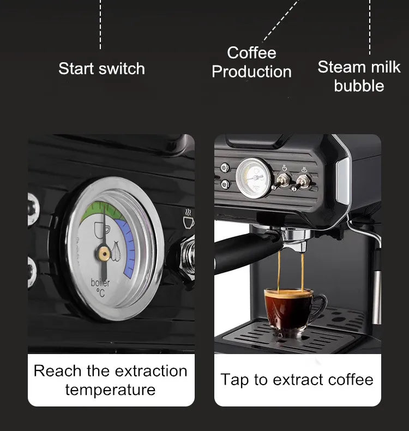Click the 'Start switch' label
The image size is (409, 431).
tap(101, 69)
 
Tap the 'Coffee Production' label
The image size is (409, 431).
tap(251, 62)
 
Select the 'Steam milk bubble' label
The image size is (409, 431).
tap(359, 76)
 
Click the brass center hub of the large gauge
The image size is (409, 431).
tap(103, 250)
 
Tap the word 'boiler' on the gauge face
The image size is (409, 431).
tap(100, 283)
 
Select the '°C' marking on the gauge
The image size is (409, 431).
tap(101, 293)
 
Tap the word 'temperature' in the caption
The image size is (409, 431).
tap(110, 390)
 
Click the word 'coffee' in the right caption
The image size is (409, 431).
tap(347, 380)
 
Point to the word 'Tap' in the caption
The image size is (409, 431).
tap(234, 380)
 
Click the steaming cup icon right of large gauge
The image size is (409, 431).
tap(189, 219)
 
